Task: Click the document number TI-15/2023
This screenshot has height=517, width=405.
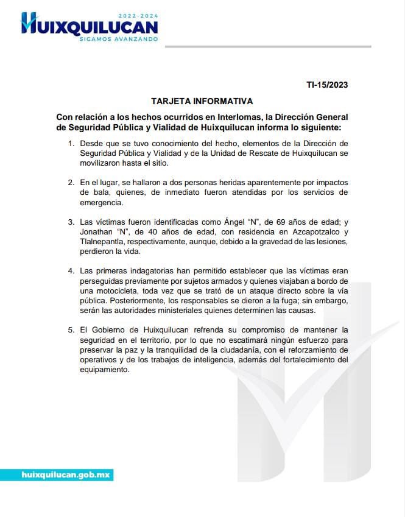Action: point(327,85)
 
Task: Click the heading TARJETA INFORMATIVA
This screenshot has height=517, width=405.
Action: point(202,100)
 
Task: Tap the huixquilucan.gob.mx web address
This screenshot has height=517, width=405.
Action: point(65,474)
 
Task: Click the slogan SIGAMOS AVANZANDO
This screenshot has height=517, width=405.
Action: point(119,39)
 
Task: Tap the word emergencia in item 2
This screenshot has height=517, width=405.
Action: point(102,203)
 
